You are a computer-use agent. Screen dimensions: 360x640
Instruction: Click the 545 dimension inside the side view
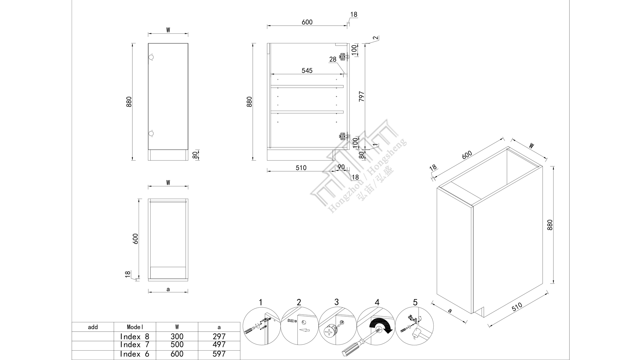pos(307,71)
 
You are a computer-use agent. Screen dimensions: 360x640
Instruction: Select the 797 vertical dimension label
pos(362,96)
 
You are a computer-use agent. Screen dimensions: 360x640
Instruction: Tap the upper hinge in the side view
pos(343,57)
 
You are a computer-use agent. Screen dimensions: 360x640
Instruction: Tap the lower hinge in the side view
pos(343,136)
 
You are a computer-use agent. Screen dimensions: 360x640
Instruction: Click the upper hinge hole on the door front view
pos(151,58)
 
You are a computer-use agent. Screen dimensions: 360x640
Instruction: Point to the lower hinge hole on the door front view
pos(151,134)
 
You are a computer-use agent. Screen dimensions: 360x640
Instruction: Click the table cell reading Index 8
pos(135,336)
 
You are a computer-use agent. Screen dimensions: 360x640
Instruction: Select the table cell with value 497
pos(219,345)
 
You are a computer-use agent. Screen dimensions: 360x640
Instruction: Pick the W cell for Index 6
pos(177,354)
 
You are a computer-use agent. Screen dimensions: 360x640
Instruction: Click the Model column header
pos(135,327)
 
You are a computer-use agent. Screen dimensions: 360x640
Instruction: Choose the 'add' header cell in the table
pos(93,327)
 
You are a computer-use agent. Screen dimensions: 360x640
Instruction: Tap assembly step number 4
pos(377,302)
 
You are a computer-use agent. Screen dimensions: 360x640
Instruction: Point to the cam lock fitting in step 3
pos(331,332)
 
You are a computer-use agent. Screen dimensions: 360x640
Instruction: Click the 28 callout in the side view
pos(333,59)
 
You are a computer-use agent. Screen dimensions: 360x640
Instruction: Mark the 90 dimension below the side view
pos(341,167)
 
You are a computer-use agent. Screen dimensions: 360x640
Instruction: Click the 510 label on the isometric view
pos(517,307)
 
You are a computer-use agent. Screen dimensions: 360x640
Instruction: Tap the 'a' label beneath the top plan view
pos(168,289)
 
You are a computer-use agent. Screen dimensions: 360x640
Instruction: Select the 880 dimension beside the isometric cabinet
pos(550,225)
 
